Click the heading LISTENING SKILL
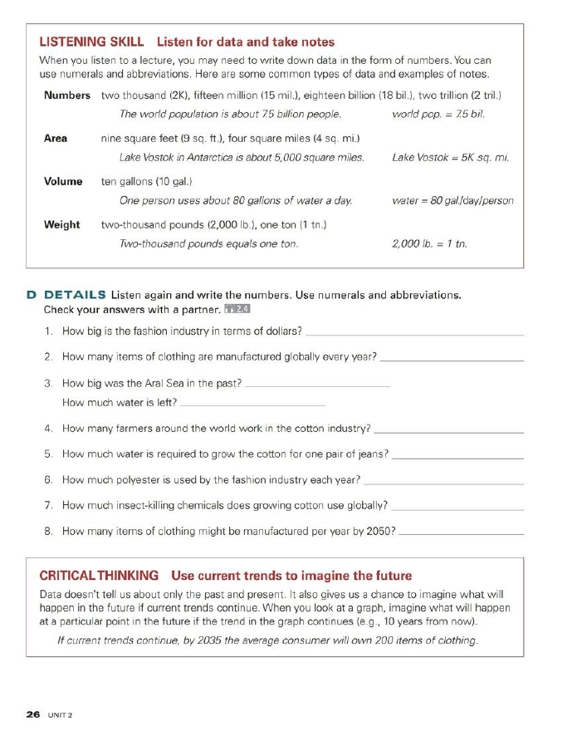92,42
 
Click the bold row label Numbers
66,96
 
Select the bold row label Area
56,138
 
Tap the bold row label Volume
63,181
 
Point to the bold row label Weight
61,224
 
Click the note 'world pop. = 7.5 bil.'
438,114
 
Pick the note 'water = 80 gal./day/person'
452,200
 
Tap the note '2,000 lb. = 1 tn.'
429,244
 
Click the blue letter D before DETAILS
31,295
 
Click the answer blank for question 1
415,334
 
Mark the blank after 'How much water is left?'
252,404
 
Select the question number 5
50,454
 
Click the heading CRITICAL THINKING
99,576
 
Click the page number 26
33,714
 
